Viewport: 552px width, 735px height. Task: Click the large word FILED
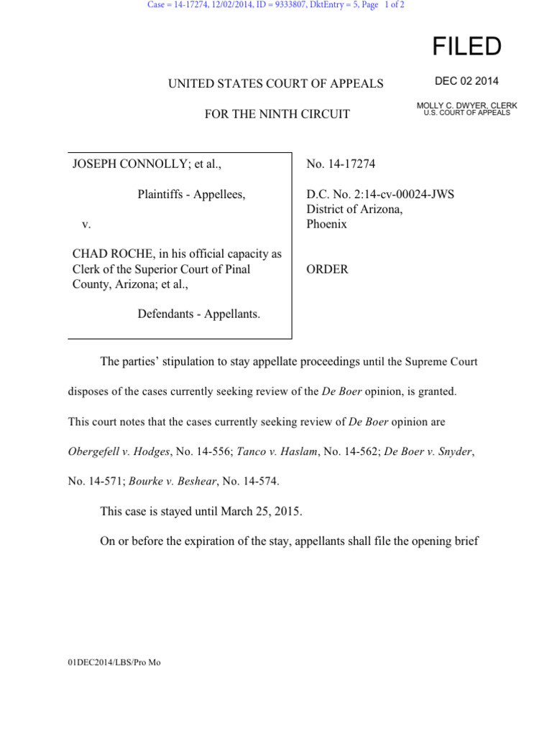(x=466, y=47)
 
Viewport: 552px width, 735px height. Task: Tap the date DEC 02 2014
(x=466, y=81)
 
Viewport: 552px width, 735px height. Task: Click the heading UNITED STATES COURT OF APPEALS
(x=276, y=84)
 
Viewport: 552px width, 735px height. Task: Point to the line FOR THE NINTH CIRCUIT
(x=277, y=114)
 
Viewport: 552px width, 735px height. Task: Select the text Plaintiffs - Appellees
(x=191, y=195)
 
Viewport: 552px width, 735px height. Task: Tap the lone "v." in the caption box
(x=86, y=224)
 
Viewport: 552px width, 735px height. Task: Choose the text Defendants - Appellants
(x=199, y=314)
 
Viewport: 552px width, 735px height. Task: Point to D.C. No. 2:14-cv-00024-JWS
(x=380, y=195)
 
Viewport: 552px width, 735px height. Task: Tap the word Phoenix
(x=327, y=224)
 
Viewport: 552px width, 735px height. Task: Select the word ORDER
(x=328, y=269)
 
